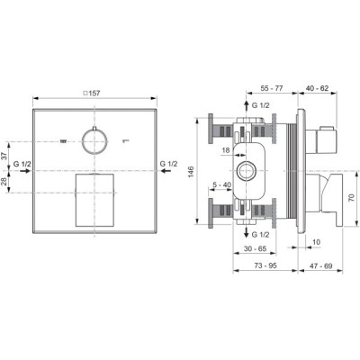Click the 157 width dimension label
[x=92, y=94]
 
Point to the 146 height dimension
[x=192, y=172]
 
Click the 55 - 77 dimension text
[x=272, y=88]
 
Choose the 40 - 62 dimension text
[x=317, y=88]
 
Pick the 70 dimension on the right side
[x=352, y=198]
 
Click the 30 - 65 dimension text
[x=255, y=248]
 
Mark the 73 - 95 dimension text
[x=265, y=265]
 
